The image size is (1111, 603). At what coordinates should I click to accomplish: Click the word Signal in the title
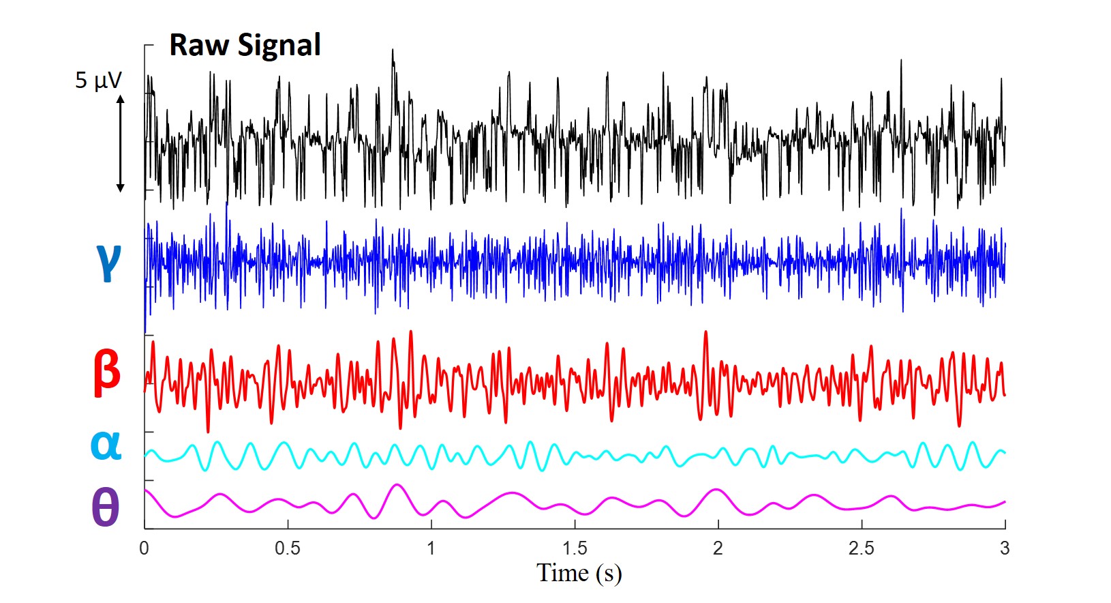pos(279,46)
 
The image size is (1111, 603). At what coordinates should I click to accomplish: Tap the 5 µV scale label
pos(98,80)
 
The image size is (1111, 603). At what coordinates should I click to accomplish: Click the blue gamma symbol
pos(108,261)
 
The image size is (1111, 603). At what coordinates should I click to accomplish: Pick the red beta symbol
pos(107,372)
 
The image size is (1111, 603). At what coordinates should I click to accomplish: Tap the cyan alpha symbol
pos(106,444)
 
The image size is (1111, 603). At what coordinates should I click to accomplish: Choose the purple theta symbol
pos(105,508)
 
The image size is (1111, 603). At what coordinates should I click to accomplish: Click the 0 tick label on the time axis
pos(144,548)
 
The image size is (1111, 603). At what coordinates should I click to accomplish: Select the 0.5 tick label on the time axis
pos(288,548)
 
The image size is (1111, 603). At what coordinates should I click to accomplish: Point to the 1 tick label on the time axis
pos(431,548)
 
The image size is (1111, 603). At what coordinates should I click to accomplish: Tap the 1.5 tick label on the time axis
pos(575,548)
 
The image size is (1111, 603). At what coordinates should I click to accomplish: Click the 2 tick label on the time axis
pos(718,548)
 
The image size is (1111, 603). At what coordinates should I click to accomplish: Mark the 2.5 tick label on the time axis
pos(862,548)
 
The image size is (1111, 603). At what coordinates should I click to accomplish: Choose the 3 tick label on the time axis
pos(1005,548)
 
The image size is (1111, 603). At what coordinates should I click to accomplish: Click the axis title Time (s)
pos(579,573)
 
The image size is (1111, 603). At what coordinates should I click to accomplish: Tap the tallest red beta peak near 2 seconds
pos(705,332)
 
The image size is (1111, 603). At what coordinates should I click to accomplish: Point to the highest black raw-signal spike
pos(393,50)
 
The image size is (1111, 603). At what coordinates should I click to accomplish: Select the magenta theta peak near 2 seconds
pos(716,490)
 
